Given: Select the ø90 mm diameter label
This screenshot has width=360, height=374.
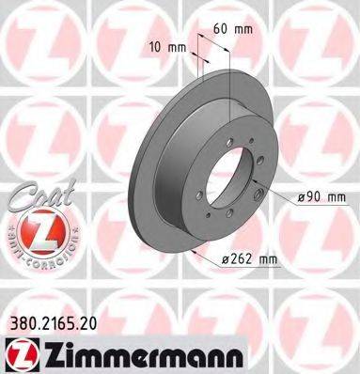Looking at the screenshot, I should coord(322,197).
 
